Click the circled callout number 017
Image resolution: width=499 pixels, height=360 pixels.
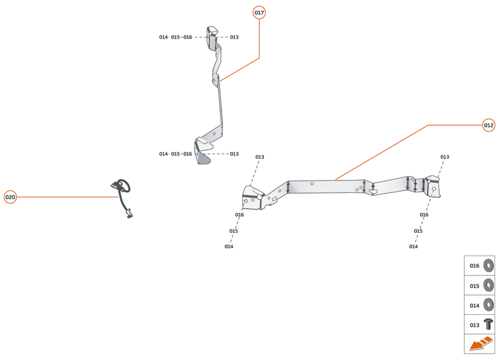click(x=259, y=13)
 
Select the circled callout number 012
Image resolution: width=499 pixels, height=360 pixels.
click(x=489, y=125)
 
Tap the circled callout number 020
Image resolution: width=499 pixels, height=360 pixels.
click(x=10, y=197)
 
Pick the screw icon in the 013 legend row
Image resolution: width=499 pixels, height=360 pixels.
click(x=488, y=325)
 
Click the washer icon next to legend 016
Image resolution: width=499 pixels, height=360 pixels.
click(x=488, y=266)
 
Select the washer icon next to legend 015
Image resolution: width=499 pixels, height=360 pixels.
click(x=488, y=286)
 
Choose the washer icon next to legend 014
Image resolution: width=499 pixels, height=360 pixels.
click(x=488, y=305)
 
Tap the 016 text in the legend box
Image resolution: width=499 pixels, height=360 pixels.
click(x=474, y=266)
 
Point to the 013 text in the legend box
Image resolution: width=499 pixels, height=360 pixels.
click(x=474, y=325)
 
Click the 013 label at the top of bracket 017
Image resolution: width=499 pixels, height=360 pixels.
click(x=234, y=37)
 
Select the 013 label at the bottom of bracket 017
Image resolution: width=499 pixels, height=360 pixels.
click(x=234, y=154)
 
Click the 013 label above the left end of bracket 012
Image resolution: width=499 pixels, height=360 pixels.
click(x=260, y=157)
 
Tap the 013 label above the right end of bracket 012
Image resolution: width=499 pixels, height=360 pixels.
click(x=445, y=157)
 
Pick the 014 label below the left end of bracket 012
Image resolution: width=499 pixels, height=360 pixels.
click(x=229, y=246)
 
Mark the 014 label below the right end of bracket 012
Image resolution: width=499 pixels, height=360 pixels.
click(x=413, y=246)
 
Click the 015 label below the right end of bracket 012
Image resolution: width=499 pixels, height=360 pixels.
click(x=418, y=231)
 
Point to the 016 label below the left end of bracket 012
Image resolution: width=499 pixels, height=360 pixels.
click(x=239, y=215)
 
